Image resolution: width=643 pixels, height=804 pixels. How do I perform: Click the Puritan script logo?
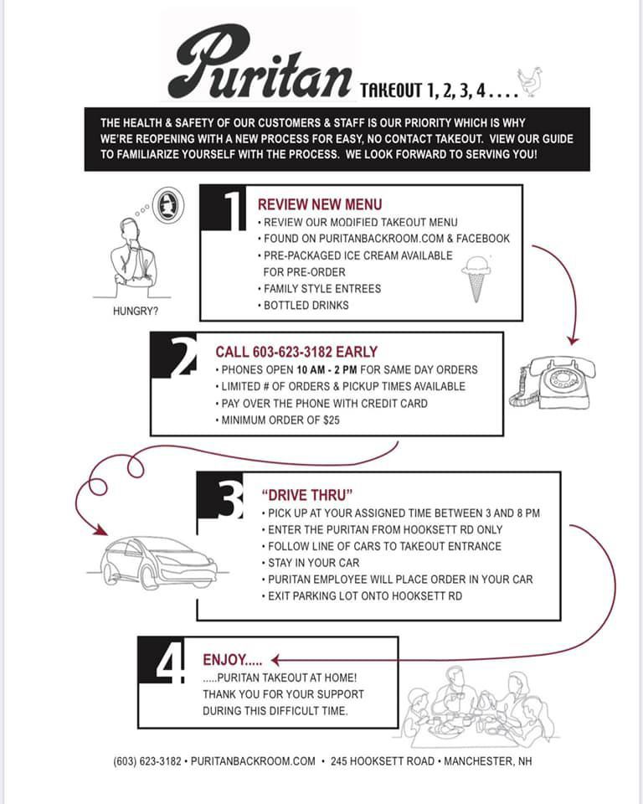click(260, 63)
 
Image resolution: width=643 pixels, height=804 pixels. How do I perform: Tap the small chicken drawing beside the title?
click(530, 82)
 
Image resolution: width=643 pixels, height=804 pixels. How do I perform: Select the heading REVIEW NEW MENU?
click(320, 204)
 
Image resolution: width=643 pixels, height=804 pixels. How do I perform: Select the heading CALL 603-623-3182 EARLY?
click(296, 352)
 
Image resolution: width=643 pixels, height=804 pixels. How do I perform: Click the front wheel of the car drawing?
click(152, 577)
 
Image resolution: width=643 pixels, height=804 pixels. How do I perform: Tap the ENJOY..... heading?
click(232, 660)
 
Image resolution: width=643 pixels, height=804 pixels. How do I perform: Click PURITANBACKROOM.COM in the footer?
click(253, 761)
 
